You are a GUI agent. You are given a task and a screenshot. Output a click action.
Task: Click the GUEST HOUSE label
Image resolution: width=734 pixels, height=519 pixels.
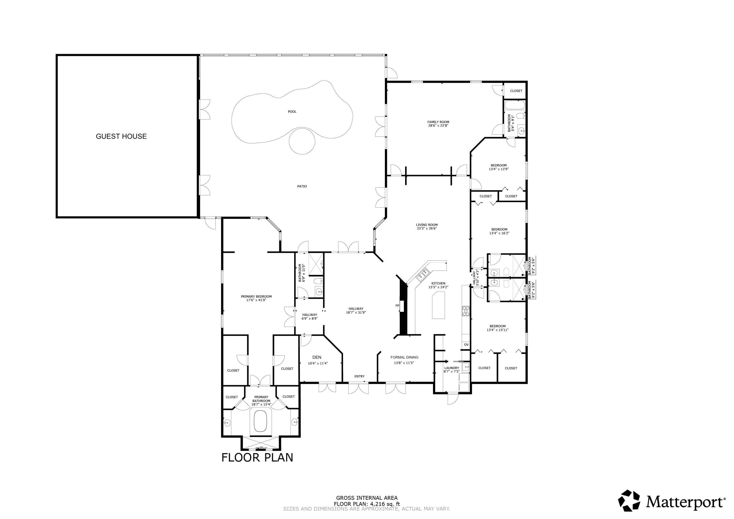click(x=121, y=136)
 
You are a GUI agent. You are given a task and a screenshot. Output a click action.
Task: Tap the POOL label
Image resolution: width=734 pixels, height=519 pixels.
click(x=292, y=112)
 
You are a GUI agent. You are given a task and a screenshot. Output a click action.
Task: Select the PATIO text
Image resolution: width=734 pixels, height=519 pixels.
click(x=302, y=186)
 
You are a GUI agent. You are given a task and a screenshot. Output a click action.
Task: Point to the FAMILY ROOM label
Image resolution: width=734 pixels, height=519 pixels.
click(x=438, y=122)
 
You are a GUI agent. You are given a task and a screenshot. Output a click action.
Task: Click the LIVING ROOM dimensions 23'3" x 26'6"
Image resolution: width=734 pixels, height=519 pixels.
click(x=426, y=229)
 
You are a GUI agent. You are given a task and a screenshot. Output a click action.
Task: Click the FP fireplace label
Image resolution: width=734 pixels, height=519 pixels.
click(x=397, y=306)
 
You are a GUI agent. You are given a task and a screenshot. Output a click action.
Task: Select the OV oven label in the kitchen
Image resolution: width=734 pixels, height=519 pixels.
click(x=466, y=345)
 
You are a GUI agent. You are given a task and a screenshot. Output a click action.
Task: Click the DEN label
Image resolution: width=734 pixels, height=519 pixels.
click(x=317, y=358)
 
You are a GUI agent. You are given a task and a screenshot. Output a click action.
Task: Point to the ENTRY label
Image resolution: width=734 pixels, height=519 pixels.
click(x=359, y=376)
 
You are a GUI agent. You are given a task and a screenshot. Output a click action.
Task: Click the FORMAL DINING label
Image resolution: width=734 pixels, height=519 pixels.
click(x=404, y=358)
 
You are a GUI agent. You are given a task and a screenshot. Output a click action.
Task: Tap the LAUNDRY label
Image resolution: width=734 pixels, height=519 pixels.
click(x=451, y=368)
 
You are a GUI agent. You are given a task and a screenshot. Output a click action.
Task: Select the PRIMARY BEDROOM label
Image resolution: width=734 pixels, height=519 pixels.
click(x=256, y=296)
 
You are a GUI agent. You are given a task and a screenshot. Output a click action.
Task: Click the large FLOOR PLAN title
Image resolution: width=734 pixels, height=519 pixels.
click(x=257, y=458)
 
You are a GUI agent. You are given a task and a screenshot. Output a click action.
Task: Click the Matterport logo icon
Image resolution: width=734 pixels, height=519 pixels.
click(x=629, y=501)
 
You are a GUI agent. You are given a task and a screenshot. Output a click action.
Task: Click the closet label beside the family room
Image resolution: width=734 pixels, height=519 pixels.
click(x=516, y=91)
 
